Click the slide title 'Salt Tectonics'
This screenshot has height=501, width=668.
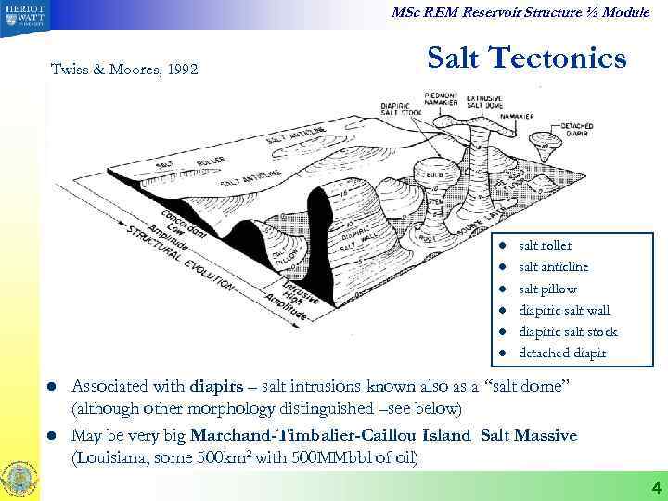pyautogui.click(x=526, y=58)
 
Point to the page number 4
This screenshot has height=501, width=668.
pyautogui.click(x=653, y=487)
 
